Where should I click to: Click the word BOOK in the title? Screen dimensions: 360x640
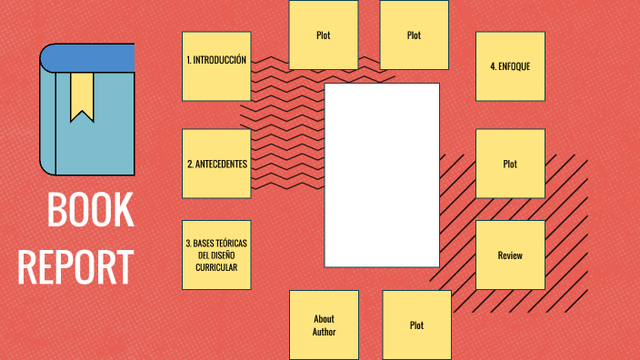coord(90,211)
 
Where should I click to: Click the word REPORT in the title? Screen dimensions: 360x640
coord(75,267)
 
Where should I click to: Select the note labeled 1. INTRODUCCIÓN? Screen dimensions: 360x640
coord(216,66)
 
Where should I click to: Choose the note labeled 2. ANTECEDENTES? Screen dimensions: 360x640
coord(216,164)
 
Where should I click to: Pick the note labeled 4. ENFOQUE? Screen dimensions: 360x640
coord(510,66)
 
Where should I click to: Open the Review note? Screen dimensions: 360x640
coord(510,255)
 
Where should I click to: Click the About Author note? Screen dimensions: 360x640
coord(324,325)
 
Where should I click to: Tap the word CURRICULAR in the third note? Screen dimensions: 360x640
coord(216,267)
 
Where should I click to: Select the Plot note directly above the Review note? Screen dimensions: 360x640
coord(510,164)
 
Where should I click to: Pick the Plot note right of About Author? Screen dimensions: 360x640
coord(416,325)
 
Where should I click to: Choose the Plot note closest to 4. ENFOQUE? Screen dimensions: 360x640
coord(414,35)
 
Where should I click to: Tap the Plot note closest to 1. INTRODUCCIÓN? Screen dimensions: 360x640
coord(323,35)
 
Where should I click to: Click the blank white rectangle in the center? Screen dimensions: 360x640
coord(382,175)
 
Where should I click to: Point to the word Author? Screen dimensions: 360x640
coord(324,332)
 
